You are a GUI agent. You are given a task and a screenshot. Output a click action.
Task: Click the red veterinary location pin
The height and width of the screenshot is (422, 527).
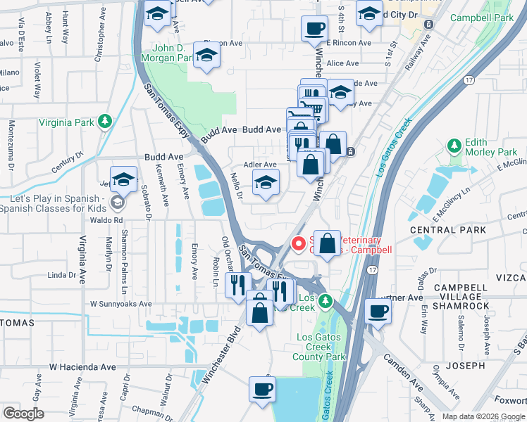tap(299, 244)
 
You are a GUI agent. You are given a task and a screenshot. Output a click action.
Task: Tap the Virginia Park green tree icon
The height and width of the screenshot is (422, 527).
tap(105, 122)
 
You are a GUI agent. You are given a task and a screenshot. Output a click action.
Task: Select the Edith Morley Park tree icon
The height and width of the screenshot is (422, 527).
tap(455, 146)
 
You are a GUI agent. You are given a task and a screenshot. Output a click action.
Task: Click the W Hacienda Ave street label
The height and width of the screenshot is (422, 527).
tap(82, 367)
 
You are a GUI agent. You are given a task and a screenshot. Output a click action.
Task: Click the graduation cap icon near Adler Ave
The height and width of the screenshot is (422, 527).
tap(266, 183)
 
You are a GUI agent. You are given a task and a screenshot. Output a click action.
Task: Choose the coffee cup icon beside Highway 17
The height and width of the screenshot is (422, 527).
tap(378, 311)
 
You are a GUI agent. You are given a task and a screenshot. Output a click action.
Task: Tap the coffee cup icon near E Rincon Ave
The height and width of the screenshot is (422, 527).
tap(314, 30)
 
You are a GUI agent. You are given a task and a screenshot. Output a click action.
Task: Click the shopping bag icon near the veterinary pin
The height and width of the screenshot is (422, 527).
tap(328, 244)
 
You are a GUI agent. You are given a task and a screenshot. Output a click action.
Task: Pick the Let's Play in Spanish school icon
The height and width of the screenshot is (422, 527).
tap(116, 203)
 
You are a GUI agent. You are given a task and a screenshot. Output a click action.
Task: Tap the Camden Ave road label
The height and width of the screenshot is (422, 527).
tap(402, 371)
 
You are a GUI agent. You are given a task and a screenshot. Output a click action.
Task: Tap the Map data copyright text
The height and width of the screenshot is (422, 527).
tap(483, 416)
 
